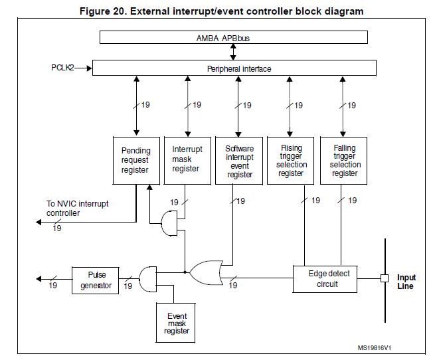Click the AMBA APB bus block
click(x=233, y=38)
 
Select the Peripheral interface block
click(x=233, y=68)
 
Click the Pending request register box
click(x=135, y=160)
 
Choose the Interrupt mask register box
click(x=187, y=160)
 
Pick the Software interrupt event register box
click(x=240, y=160)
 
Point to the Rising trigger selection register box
click(x=291, y=160)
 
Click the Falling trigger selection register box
click(x=344, y=160)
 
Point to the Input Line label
click(x=406, y=282)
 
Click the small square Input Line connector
click(x=384, y=278)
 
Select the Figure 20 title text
click(x=221, y=11)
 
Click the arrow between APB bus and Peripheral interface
click(x=233, y=52)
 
